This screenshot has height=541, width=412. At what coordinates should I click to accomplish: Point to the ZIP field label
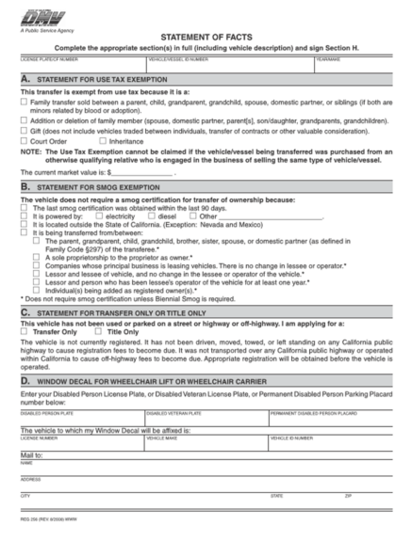point(348,494)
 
